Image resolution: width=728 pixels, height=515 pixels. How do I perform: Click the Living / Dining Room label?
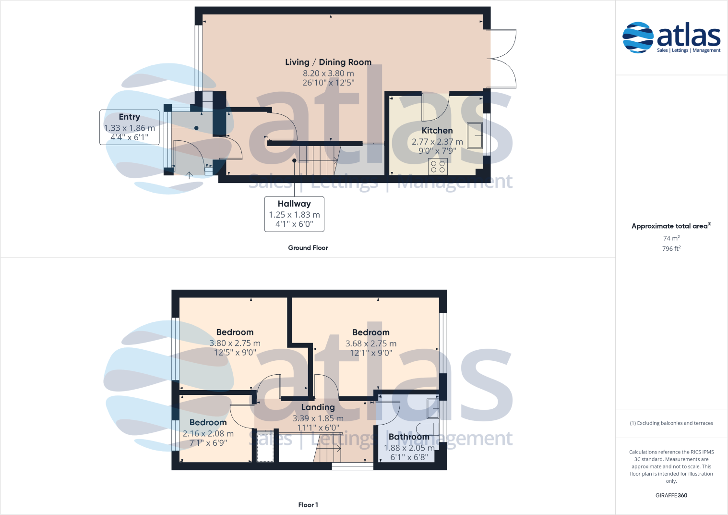(x=328, y=62)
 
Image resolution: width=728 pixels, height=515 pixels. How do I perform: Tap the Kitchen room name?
(x=437, y=131)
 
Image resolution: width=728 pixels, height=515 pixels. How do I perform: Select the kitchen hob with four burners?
(x=438, y=167)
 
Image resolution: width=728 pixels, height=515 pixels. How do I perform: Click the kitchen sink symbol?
(x=475, y=135)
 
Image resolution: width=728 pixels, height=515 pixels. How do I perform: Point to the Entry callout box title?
(x=130, y=117)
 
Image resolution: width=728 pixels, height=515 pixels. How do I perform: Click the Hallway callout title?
(x=294, y=204)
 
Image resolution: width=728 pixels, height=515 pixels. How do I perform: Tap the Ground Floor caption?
(x=308, y=248)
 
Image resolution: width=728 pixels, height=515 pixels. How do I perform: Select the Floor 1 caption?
(x=308, y=505)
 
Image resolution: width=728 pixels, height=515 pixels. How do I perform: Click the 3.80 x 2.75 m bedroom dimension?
(x=235, y=343)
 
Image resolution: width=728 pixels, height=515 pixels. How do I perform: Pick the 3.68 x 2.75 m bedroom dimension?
(x=371, y=343)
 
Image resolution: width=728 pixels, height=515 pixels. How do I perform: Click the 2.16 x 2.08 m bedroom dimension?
(x=208, y=433)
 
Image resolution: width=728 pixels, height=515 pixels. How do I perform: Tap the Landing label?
(x=318, y=407)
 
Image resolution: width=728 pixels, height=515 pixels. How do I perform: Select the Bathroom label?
(x=409, y=437)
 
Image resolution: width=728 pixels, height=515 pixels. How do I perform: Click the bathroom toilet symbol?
(x=427, y=429)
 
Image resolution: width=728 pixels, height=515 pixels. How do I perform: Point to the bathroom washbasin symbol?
(x=432, y=408)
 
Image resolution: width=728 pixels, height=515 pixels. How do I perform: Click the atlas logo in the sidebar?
(x=671, y=37)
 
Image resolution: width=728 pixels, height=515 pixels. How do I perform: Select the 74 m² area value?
(x=671, y=238)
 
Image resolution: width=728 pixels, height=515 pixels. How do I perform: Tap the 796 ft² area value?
(x=671, y=249)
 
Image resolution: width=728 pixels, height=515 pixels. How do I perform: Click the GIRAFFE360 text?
(x=671, y=495)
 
